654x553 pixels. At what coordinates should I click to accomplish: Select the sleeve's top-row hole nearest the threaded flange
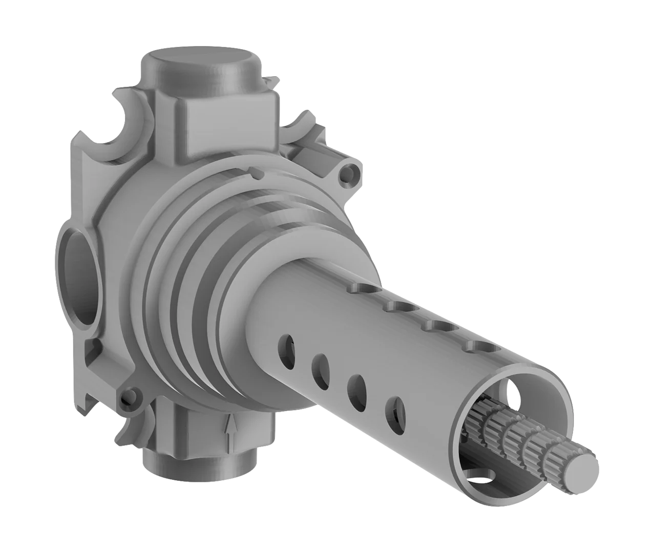(x=362, y=289)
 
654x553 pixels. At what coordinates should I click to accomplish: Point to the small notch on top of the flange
(x=254, y=173)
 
